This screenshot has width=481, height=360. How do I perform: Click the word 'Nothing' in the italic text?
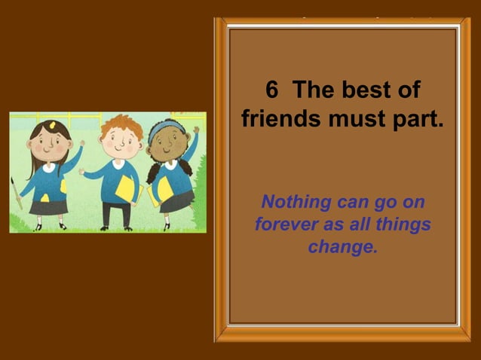(x=296, y=202)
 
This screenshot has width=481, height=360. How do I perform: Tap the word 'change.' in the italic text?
(x=342, y=246)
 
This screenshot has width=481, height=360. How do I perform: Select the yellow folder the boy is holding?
(x=126, y=188)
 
